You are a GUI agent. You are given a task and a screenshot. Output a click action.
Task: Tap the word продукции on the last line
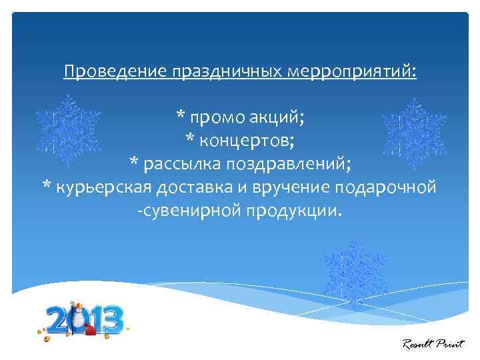pos(293,211)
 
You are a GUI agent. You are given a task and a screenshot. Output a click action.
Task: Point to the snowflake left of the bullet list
pos(67,130)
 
